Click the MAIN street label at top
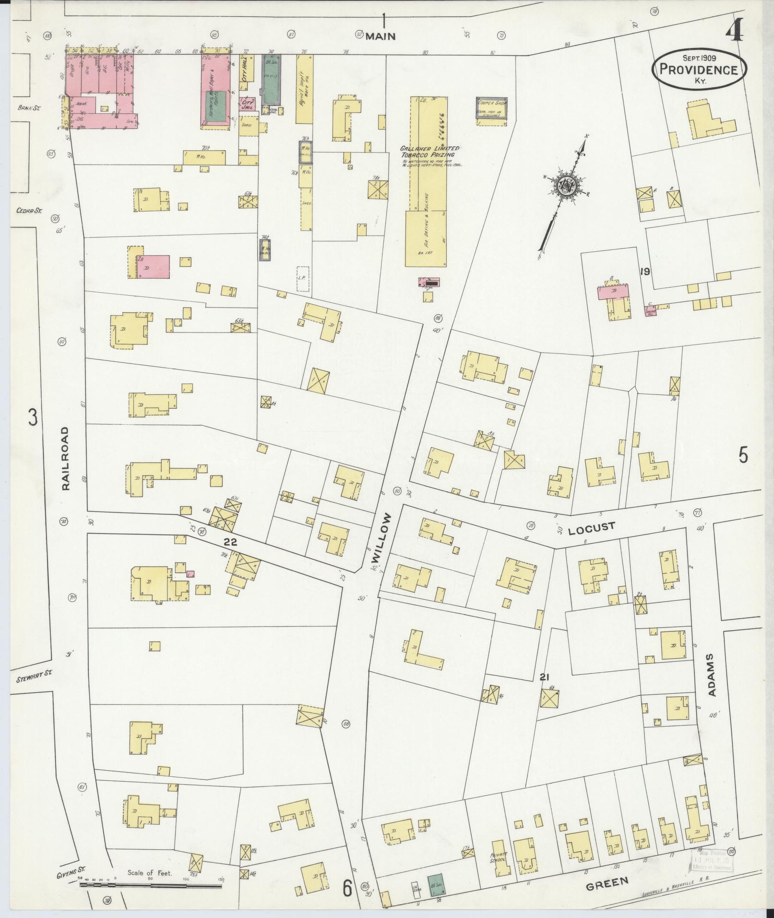click(381, 36)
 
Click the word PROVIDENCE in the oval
click(699, 70)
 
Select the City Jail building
click(248, 105)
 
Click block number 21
click(544, 677)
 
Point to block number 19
click(644, 272)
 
